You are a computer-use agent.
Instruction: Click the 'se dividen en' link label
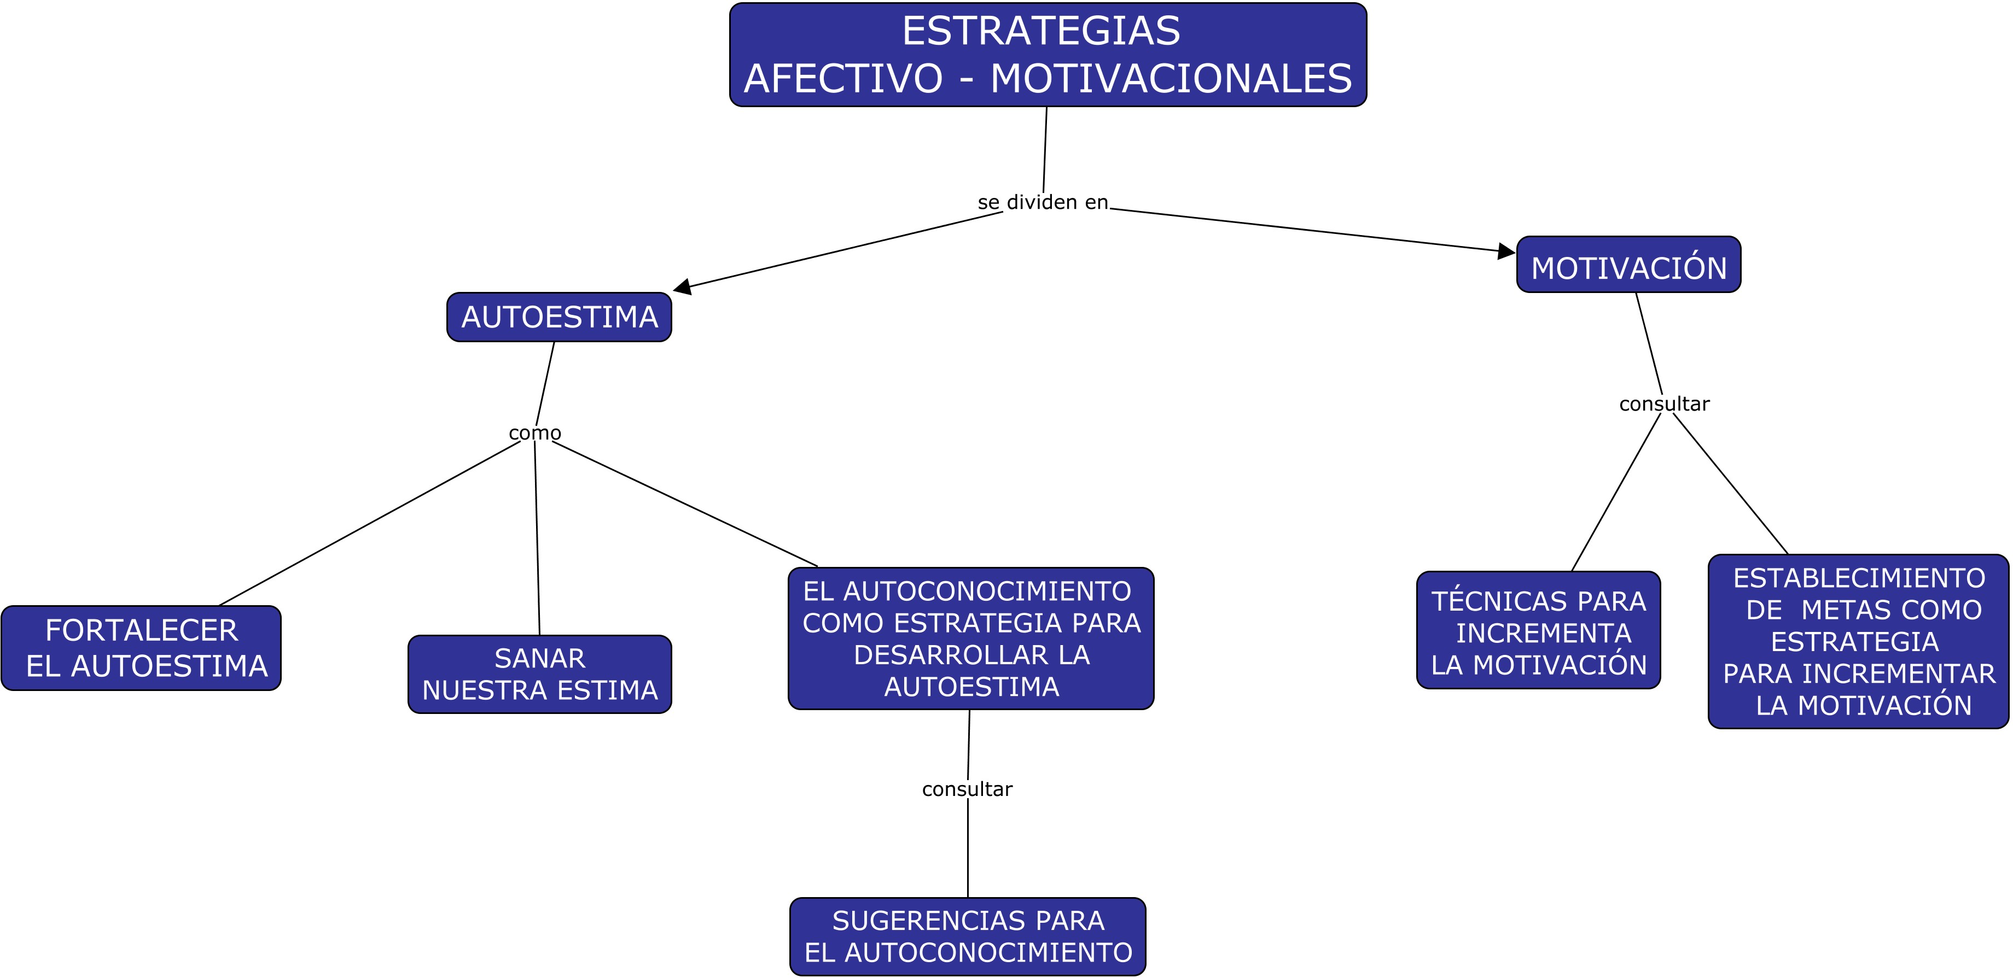pos(1043,202)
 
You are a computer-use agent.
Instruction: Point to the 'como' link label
pos(534,433)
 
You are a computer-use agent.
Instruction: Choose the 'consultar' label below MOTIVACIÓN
pos(1663,404)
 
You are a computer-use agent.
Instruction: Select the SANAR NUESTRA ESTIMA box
pos(539,674)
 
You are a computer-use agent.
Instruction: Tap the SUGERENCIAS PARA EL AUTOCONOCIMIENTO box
pos(968,936)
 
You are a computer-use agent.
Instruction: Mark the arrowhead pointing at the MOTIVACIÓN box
pos(1506,251)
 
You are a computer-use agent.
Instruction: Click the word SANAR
pos(539,659)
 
